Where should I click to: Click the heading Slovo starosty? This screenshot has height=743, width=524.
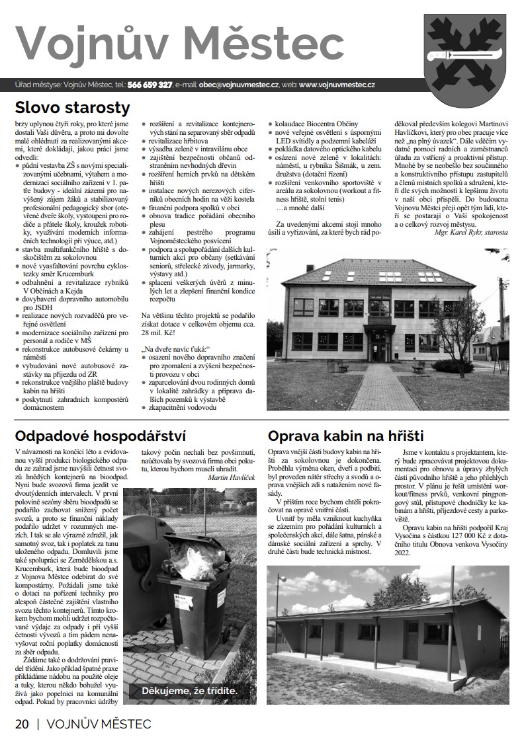click(x=73, y=107)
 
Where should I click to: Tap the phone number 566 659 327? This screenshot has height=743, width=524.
click(x=150, y=85)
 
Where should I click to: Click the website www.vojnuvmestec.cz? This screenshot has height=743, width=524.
click(x=337, y=85)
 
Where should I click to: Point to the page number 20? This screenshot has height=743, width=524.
click(x=22, y=724)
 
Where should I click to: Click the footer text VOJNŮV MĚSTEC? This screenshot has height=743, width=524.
click(x=99, y=724)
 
